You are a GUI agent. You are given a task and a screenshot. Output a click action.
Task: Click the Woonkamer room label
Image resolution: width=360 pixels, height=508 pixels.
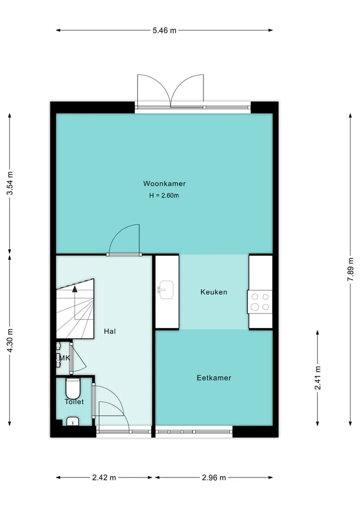(164, 184)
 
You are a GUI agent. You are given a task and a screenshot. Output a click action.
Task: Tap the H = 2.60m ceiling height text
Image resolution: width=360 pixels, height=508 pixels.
(164, 196)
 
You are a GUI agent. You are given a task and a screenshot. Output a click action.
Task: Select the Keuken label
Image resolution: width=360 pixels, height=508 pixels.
(213, 292)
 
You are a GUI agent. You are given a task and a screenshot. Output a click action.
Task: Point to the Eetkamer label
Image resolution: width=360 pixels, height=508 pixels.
(213, 378)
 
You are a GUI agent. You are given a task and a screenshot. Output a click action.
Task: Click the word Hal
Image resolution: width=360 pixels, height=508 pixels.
(109, 331)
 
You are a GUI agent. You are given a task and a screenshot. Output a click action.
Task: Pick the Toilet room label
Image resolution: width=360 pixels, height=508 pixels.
(74, 402)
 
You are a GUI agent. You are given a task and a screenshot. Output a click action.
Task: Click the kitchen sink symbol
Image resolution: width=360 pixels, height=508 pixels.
(165, 289)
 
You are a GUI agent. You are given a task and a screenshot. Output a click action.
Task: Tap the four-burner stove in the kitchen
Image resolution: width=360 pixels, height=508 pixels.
(260, 302)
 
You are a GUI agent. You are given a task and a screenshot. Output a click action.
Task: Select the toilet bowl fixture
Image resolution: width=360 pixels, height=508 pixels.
(72, 388)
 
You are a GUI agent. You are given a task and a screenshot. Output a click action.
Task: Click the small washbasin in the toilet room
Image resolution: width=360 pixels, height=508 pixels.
(72, 422)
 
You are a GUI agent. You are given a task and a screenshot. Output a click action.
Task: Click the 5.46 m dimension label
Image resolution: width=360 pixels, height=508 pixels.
(164, 30)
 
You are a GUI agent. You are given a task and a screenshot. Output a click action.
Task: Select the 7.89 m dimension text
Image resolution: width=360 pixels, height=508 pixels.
(350, 270)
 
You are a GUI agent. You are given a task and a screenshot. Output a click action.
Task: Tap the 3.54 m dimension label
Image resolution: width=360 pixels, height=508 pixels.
(9, 183)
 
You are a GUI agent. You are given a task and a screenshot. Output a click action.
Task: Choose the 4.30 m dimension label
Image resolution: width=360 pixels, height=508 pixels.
(9, 341)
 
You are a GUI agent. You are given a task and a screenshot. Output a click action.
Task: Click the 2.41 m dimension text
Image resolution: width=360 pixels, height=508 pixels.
(318, 378)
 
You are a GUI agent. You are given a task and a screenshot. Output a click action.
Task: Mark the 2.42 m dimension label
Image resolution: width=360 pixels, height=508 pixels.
(104, 478)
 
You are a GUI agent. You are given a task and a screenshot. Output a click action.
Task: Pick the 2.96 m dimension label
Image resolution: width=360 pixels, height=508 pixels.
(213, 478)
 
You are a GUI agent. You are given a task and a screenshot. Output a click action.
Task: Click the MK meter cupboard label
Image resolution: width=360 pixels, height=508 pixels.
(64, 358)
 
